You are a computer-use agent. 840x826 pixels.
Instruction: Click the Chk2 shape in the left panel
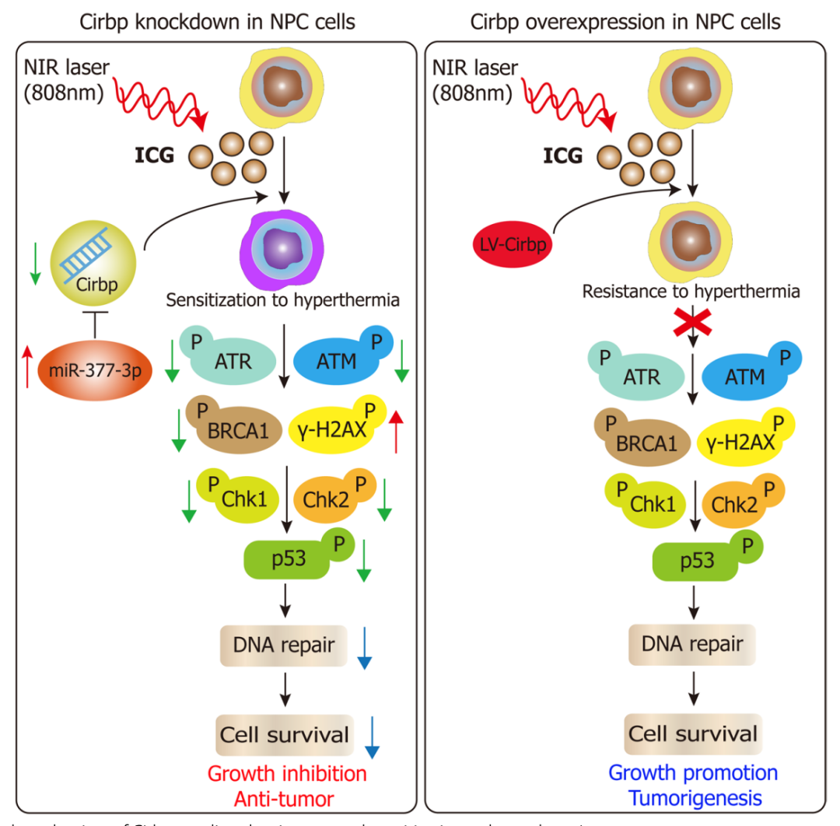(x=329, y=501)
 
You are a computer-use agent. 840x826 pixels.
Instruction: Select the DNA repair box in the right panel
(x=692, y=644)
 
